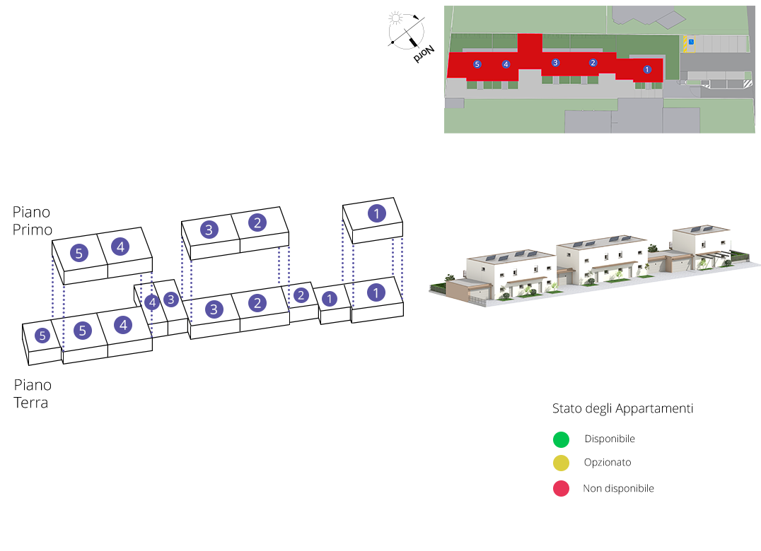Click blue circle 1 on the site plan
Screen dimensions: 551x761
[x=646, y=69]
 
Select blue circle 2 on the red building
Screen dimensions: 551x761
[x=593, y=63]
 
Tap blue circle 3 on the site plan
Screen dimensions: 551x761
[x=555, y=63]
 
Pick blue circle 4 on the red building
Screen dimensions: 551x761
[x=506, y=64]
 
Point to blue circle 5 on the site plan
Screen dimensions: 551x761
[x=477, y=64]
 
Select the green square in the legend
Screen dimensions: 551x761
[x=561, y=439]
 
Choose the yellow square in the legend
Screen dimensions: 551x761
[x=561, y=463]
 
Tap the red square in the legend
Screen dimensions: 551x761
[x=561, y=488]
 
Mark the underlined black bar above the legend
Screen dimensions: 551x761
[x=622, y=409]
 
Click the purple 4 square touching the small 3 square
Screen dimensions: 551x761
[x=151, y=303]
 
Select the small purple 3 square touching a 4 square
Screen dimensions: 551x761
[x=171, y=299]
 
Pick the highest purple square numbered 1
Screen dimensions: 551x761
[x=376, y=213]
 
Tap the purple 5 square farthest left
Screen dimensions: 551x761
[x=42, y=336]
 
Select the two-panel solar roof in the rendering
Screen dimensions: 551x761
[x=701, y=230]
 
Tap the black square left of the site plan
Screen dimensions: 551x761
[x=411, y=37]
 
